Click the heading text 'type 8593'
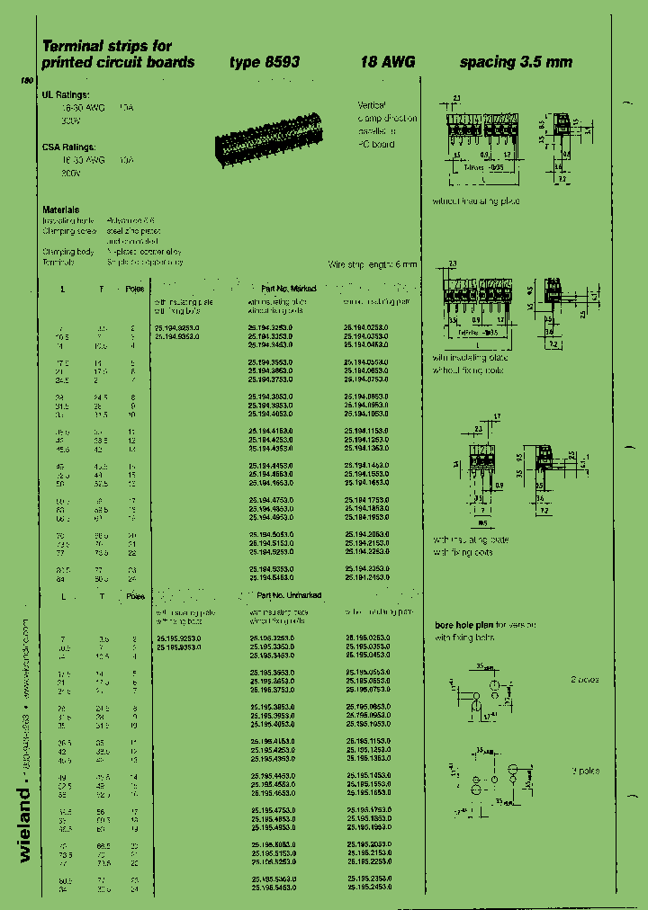[264, 62]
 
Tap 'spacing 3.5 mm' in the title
[516, 62]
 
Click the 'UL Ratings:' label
[66, 94]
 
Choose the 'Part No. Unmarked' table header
[289, 595]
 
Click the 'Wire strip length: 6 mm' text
[373, 264]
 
